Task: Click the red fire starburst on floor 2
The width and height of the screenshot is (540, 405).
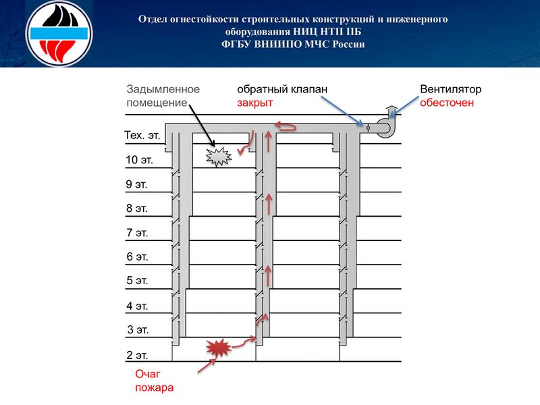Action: click(x=218, y=348)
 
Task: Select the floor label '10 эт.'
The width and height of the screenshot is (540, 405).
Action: click(x=139, y=160)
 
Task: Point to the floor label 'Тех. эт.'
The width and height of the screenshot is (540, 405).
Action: click(x=142, y=135)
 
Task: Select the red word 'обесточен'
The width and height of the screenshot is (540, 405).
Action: click(x=446, y=103)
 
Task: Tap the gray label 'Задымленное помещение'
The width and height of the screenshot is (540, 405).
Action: click(x=163, y=96)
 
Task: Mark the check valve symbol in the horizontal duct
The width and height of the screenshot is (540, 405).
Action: click(x=368, y=127)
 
